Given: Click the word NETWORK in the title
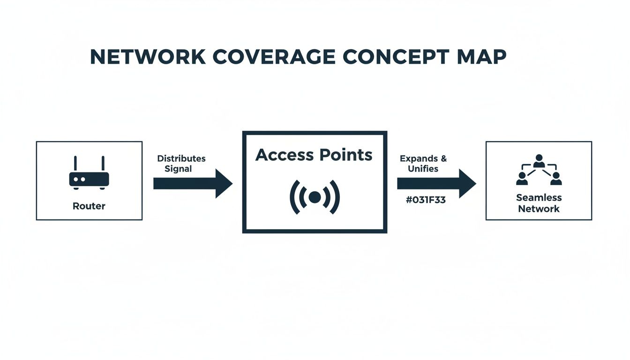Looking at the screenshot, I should (148, 57).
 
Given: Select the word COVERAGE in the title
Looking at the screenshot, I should (273, 57).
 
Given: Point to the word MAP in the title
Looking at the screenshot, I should (482, 57).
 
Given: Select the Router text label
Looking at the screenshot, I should (89, 206).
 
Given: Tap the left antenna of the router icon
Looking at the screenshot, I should (75, 164).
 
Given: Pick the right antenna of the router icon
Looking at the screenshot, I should (103, 164).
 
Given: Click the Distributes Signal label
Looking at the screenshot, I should (181, 164).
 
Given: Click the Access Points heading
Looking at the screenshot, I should (314, 155).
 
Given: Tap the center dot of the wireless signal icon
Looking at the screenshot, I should (315, 197).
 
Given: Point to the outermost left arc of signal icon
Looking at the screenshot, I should (294, 197).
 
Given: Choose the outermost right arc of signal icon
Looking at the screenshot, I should (336, 197).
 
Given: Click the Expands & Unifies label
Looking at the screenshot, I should (423, 164).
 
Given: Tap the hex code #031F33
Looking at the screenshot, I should (426, 200).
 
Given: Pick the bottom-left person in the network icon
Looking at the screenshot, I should (522, 179).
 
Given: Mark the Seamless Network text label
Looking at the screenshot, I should (539, 203).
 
